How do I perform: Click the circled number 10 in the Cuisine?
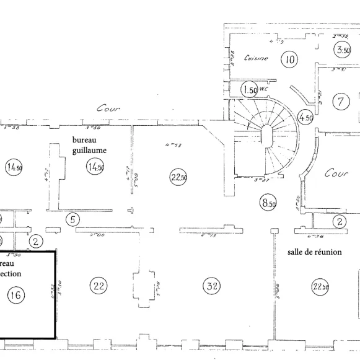click(289, 59)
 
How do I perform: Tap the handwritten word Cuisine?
click(256, 59)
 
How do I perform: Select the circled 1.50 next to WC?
click(250, 90)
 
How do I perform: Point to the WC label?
click(263, 89)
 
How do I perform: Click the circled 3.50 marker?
click(343, 50)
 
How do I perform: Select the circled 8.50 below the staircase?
click(268, 203)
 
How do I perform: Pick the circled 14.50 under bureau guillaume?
click(95, 167)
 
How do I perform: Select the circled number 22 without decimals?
click(99, 285)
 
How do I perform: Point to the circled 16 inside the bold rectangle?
click(15, 296)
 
